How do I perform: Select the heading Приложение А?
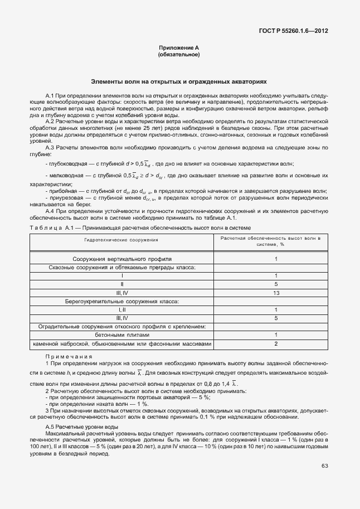179,49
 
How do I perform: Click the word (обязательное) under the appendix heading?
179,55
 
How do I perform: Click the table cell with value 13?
275,293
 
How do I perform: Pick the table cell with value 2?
275,343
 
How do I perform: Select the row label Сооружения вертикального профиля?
121,259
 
